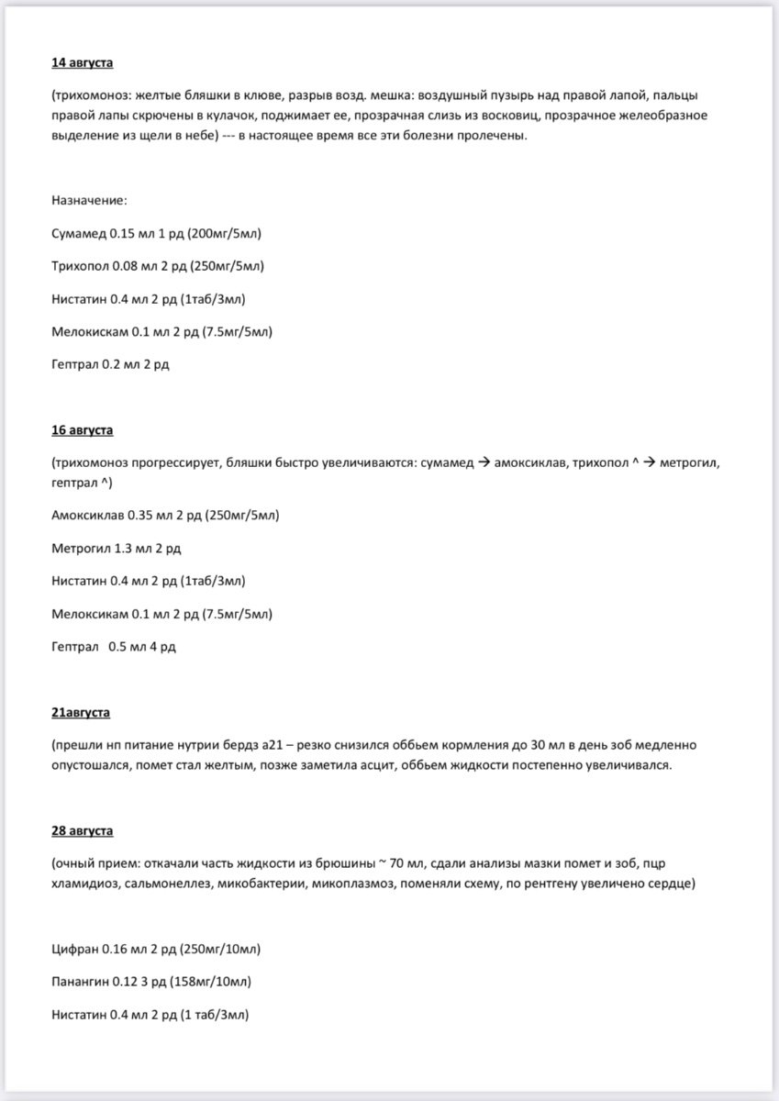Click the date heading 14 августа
[83, 63]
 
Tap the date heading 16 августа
[83, 429]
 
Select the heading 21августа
[82, 711]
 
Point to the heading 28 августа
[83, 830]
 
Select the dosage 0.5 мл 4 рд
[142, 647]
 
